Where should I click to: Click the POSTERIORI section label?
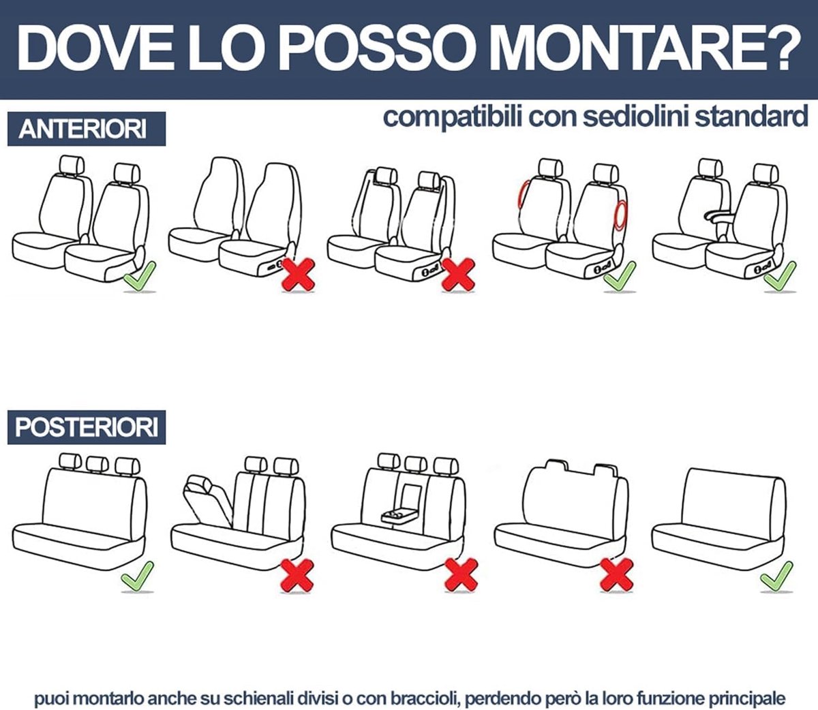87,427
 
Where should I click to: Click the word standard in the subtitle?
752,117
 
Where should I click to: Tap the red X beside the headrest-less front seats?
299,275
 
